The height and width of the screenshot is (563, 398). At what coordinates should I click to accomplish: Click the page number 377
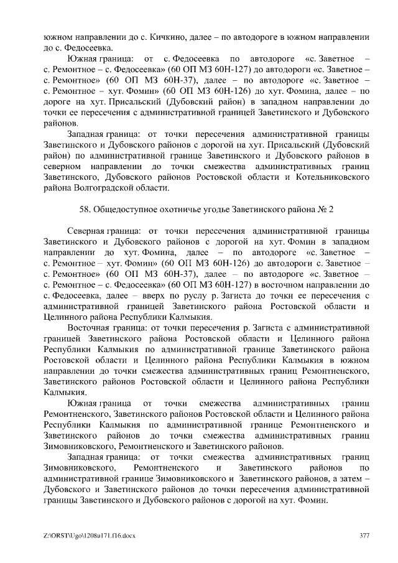(366, 536)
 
